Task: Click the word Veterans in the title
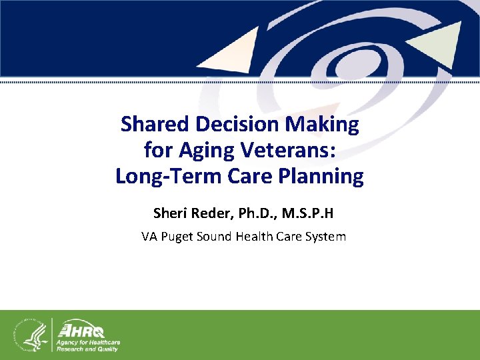pyautogui.click(x=290, y=150)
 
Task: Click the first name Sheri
pyautogui.click(x=171, y=214)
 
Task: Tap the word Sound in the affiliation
pyautogui.click(x=217, y=236)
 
